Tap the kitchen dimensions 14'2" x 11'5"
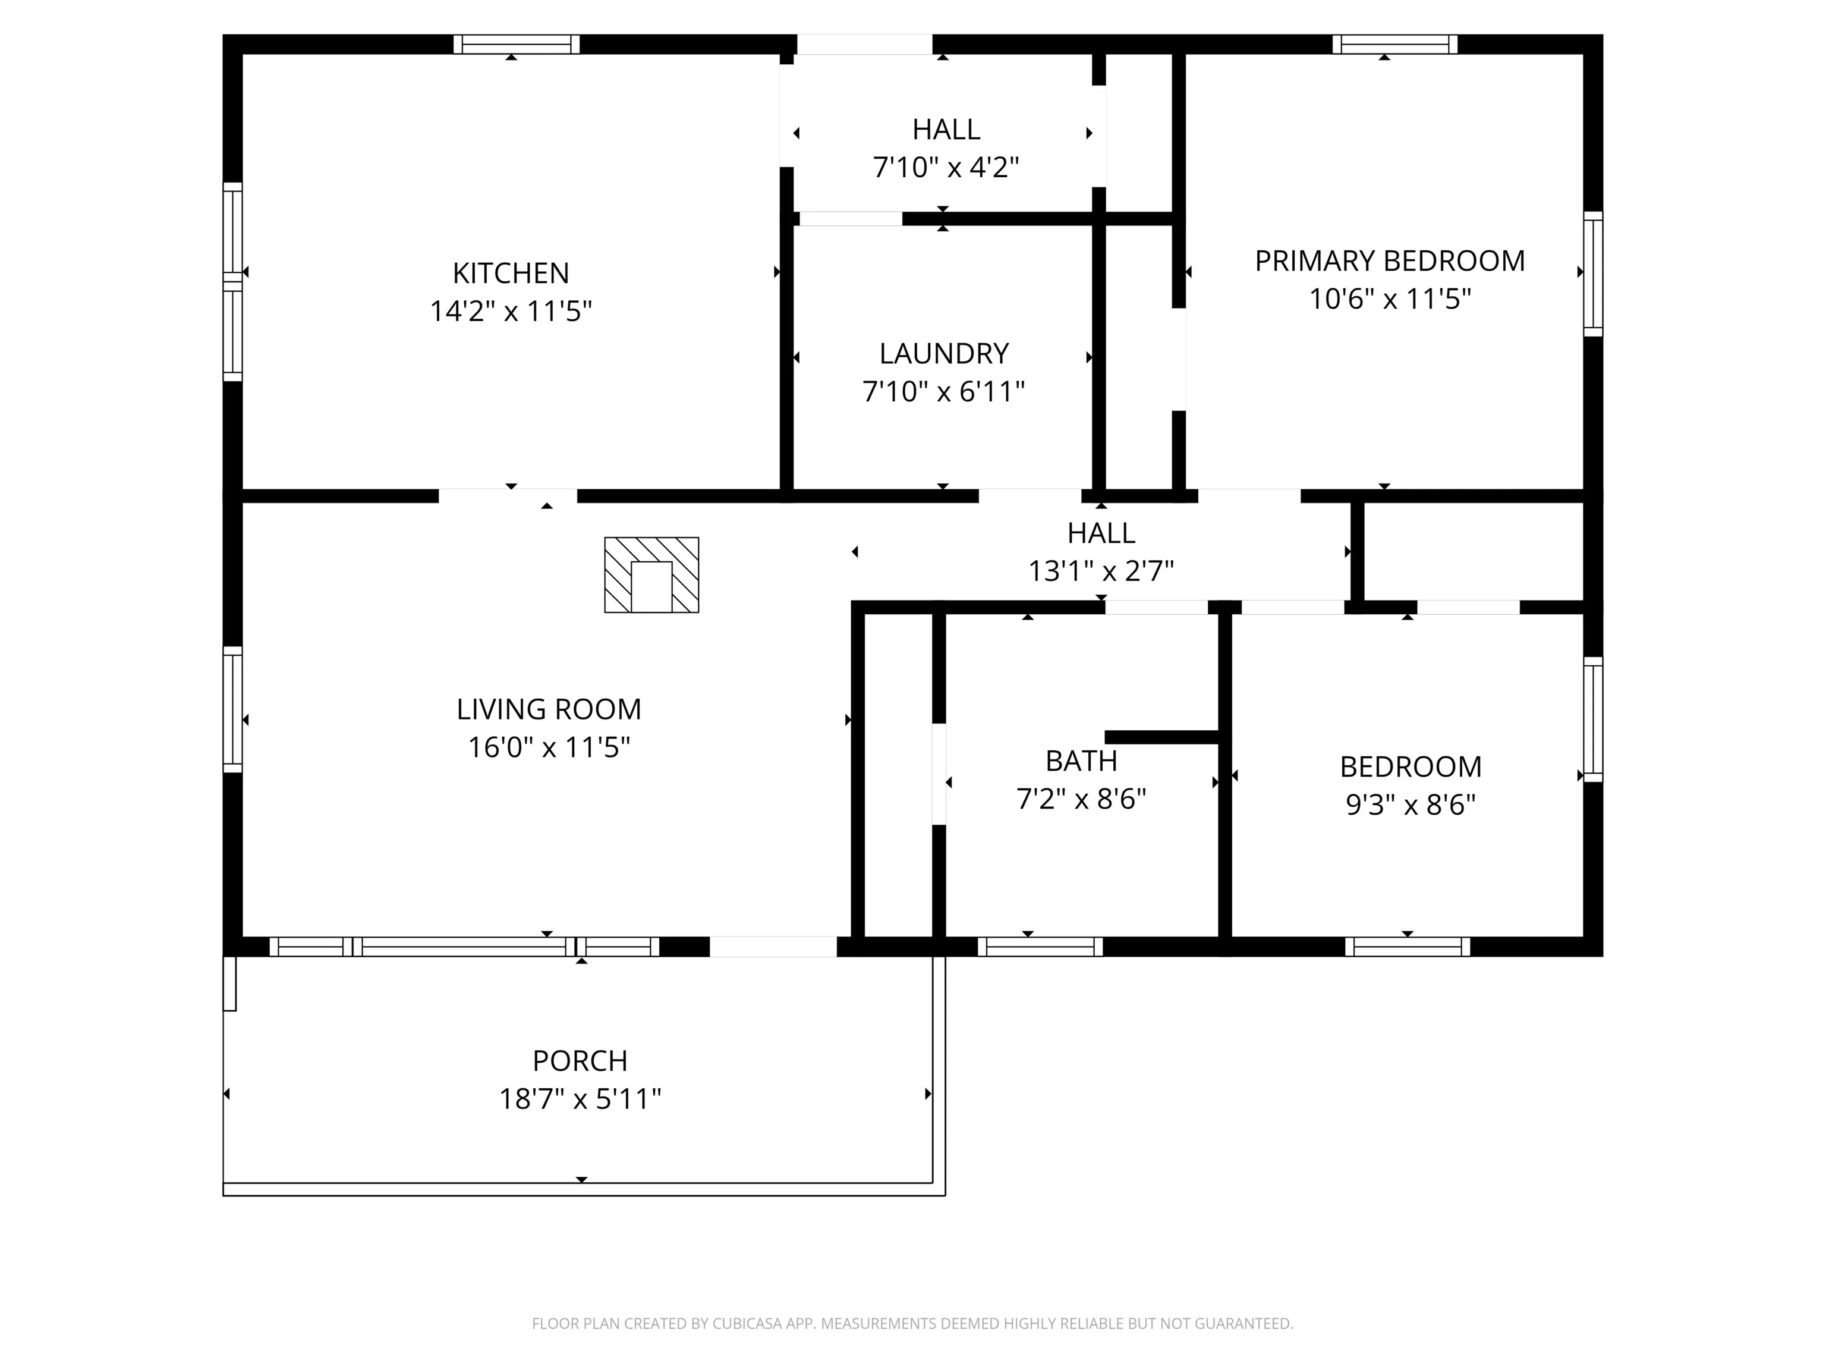click(511, 312)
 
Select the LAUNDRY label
click(943, 353)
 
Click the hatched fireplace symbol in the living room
click(651, 575)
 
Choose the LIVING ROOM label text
click(549, 709)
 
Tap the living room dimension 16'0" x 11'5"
click(549, 747)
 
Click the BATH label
click(1081, 761)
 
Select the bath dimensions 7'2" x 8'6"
click(1081, 799)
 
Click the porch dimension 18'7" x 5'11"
click(580, 1099)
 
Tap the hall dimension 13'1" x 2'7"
click(1101, 571)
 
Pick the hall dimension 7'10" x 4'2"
click(946, 168)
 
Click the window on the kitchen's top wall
click(517, 44)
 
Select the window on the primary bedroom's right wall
click(1593, 274)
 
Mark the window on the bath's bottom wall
click(1040, 947)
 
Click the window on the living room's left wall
click(233, 710)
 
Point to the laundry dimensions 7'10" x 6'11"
click(943, 391)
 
